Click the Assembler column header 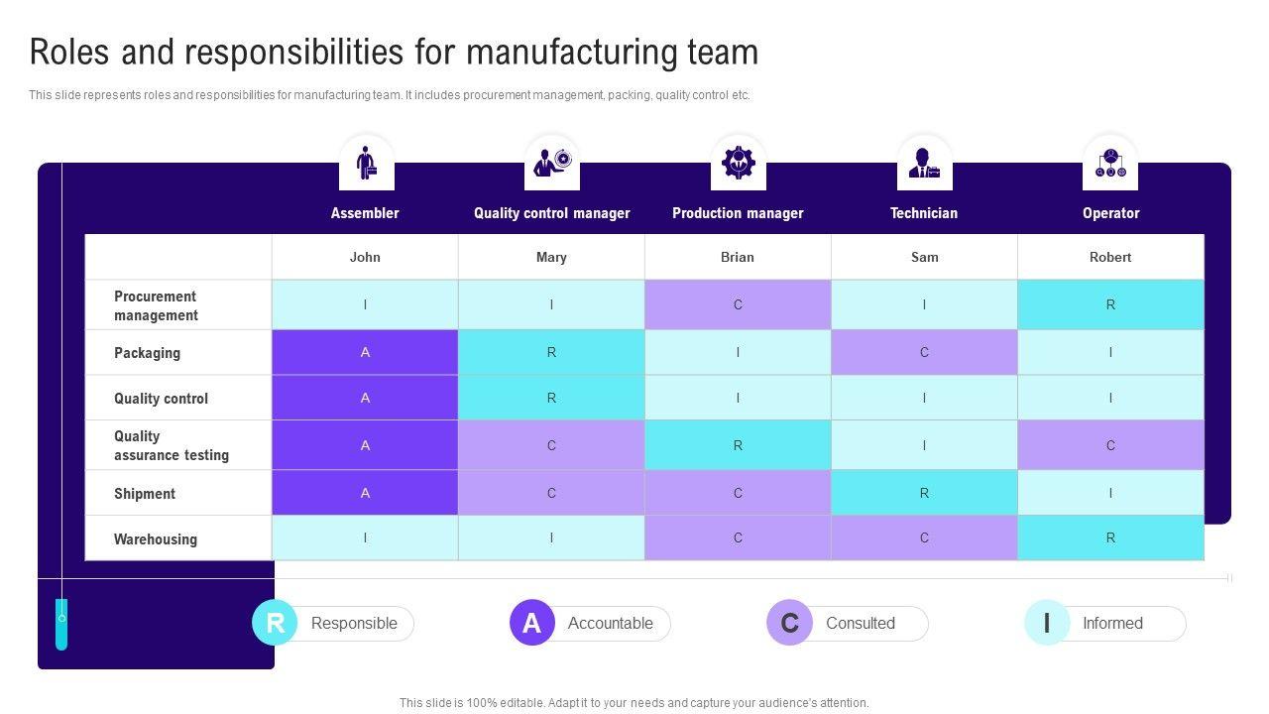click(365, 213)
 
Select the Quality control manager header click(551, 213)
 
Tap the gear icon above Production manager click(739, 163)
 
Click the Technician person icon click(924, 163)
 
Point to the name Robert click(1110, 257)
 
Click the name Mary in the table click(551, 257)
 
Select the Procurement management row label click(156, 305)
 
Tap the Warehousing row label click(156, 539)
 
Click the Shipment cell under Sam click(924, 493)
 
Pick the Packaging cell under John click(365, 352)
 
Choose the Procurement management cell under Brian click(738, 304)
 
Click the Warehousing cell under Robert click(1110, 537)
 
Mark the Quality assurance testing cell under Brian click(738, 445)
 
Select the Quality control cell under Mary click(551, 398)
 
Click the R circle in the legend click(275, 623)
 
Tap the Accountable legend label click(610, 623)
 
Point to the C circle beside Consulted click(789, 623)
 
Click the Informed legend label click(1112, 623)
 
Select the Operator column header click(1110, 213)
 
